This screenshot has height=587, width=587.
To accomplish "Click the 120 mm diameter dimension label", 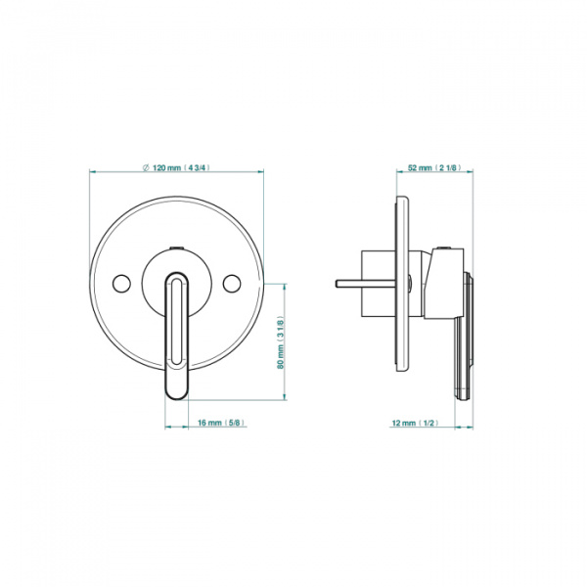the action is pos(177,167).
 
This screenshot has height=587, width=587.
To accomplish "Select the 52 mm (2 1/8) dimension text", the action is pos(434,167).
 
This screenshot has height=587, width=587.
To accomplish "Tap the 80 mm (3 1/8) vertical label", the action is pos(281,342).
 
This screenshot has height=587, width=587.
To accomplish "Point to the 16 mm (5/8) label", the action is pos(221,423).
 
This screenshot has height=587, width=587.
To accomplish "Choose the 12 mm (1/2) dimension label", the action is pos(415,423).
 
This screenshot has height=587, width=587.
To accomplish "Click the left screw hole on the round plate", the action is pos(121,284).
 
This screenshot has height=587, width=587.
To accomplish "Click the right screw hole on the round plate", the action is pos(232,284).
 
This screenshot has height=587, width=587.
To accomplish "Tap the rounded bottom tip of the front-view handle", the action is pos(177,397).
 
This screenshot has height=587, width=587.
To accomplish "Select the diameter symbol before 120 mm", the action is pos(147,167).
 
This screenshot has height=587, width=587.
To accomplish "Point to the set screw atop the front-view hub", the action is pos(176,248).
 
